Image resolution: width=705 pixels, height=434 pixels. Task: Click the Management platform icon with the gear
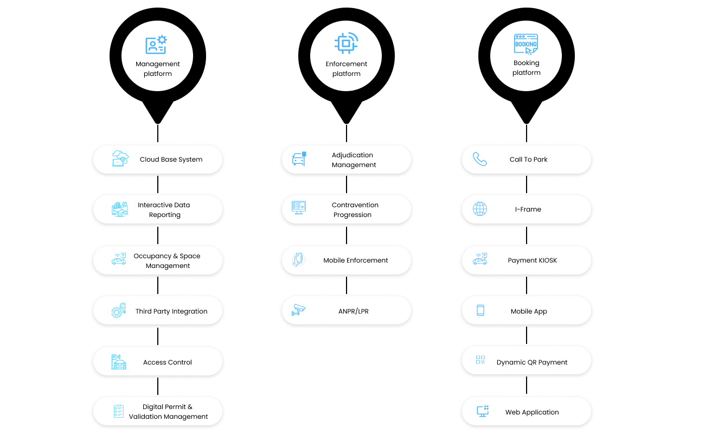point(156,44)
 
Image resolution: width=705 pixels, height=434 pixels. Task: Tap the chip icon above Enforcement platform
point(346,43)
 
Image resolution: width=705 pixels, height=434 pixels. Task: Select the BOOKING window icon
point(526,44)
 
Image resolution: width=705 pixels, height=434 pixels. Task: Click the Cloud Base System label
point(171,159)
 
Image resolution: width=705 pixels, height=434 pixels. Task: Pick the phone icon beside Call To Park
point(479,159)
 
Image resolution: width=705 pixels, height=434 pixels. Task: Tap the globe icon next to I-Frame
point(479,209)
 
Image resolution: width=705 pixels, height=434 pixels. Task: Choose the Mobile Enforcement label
point(355,260)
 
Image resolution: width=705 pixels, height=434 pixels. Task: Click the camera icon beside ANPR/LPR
point(298,310)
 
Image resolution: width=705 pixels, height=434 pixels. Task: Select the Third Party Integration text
point(171,311)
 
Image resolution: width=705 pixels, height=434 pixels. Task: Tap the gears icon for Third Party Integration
point(119,310)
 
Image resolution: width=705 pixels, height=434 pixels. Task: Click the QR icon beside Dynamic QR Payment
point(480,360)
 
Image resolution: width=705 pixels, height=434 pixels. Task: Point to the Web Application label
point(532,412)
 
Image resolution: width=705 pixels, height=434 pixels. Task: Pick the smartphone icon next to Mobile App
point(480,310)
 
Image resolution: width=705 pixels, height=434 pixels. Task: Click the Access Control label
point(167,362)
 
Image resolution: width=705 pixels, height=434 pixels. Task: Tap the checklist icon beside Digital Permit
point(119,411)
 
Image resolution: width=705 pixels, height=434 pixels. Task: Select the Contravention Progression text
point(355,210)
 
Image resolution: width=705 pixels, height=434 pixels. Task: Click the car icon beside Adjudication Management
point(299,159)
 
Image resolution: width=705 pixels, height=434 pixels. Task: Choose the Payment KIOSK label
point(532,260)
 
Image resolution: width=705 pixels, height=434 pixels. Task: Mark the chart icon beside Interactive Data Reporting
point(120,209)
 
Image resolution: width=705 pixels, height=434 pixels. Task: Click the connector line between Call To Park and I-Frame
point(526,184)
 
